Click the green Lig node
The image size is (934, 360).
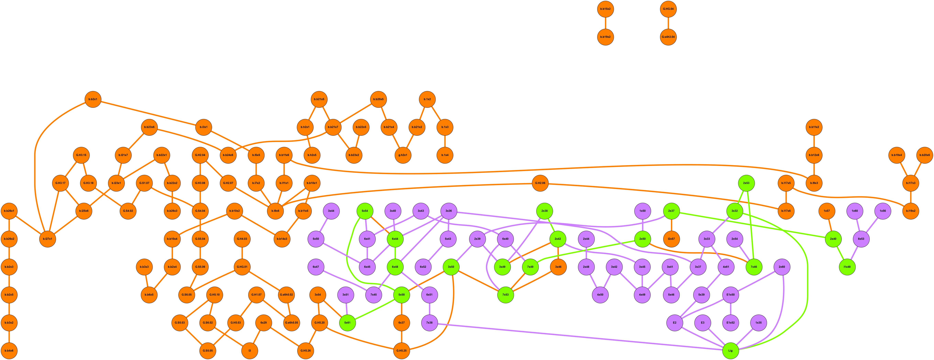click(x=730, y=351)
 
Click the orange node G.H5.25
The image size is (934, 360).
click(x=401, y=351)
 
